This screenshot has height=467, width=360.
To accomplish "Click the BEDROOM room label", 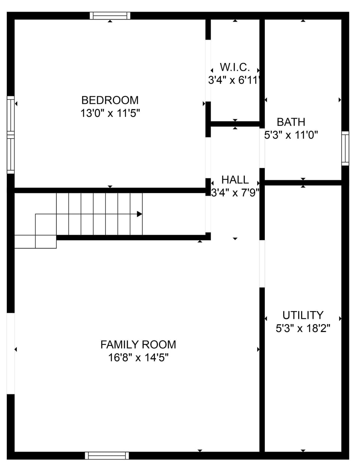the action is (x=110, y=100).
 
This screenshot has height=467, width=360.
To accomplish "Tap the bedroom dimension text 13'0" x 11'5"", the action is (x=110, y=113).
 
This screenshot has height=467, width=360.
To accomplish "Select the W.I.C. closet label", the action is (x=235, y=67).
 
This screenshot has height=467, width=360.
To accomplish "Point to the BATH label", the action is (x=291, y=122).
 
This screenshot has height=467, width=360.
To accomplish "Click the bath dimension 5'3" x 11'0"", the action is (x=291, y=135).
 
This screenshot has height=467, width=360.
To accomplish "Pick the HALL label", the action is (x=235, y=180).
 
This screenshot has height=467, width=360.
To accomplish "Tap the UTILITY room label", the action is (x=303, y=315).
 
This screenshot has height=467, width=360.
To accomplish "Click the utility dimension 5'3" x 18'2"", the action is (x=303, y=328).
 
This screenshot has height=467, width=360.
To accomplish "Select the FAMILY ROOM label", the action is (x=138, y=344).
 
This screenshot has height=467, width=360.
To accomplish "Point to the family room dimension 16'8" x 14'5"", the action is (x=138, y=358).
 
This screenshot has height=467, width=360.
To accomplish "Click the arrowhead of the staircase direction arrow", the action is (x=139, y=214).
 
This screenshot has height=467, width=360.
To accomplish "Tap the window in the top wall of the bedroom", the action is (x=110, y=16).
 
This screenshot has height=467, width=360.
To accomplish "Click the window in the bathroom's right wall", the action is (x=345, y=148).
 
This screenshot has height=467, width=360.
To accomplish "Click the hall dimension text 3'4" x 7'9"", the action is (x=235, y=193).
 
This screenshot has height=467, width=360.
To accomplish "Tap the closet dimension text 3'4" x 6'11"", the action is (x=235, y=80).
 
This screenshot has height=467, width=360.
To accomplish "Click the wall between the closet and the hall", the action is (x=235, y=124).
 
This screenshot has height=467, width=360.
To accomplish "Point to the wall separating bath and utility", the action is (x=303, y=183).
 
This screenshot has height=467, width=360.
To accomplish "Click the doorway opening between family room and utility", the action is (x=262, y=264).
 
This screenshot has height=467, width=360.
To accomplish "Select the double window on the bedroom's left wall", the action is (x=10, y=135).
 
